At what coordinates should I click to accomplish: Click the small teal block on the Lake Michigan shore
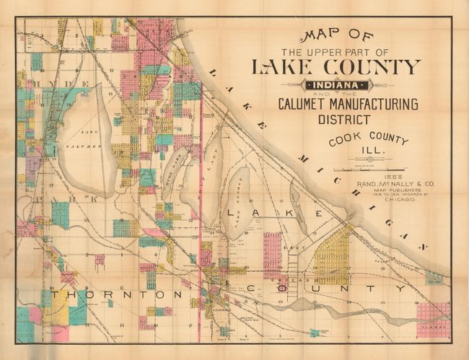pyautogui.click(x=433, y=277)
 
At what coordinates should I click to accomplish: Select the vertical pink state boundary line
pyautogui.click(x=200, y=216)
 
